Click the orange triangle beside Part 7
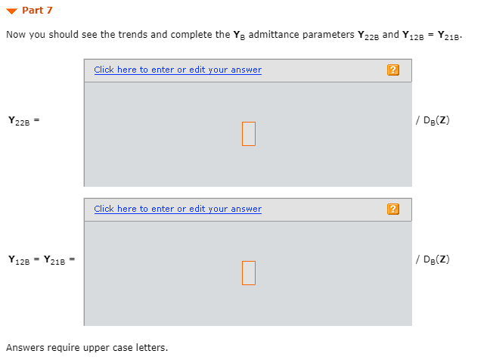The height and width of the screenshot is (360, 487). [11, 11]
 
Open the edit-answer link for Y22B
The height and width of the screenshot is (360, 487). [178, 70]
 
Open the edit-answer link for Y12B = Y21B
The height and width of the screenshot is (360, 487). [178, 209]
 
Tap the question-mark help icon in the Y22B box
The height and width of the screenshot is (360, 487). [392, 70]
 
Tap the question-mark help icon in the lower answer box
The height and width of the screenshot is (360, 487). [392, 209]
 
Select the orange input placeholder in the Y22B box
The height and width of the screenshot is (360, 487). [249, 134]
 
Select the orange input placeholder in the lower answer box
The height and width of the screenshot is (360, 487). [249, 273]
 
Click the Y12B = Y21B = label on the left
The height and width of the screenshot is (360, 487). [42, 259]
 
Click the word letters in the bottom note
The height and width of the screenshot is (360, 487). [154, 348]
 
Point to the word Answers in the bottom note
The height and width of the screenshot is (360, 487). [23, 348]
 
